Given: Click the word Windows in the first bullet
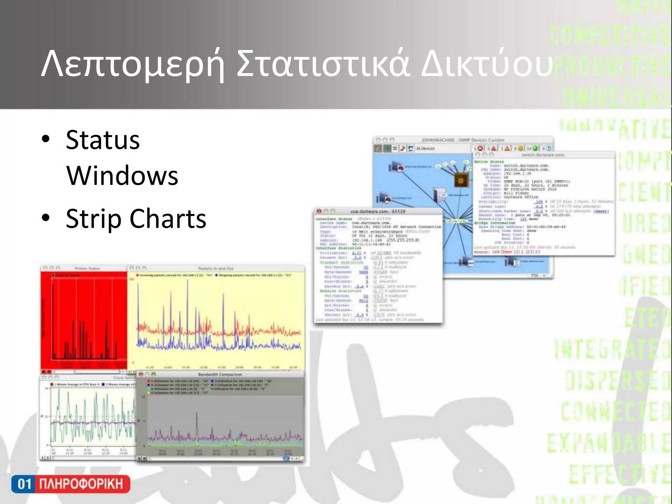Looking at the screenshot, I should coord(122,176).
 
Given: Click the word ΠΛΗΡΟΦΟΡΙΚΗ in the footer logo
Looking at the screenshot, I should coord(81,484).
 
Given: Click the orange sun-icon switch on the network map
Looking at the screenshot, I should coord(461,180).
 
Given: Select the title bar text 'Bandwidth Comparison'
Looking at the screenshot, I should coord(220,374).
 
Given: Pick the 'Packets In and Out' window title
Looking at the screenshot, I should coord(216,268).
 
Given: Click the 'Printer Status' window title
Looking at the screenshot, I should coord(87,268).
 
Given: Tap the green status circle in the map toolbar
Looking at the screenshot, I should coord(535,149).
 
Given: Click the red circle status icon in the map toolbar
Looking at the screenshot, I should coord(480,149).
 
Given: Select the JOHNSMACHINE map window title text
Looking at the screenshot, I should coord(463,140).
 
